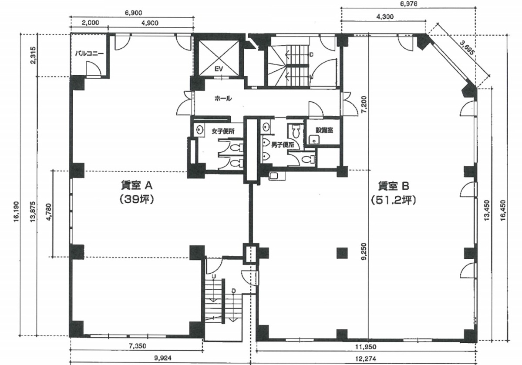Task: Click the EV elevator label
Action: [219, 69]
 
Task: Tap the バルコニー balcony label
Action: [89, 53]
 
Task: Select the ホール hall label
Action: [223, 98]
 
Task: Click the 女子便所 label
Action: [223, 131]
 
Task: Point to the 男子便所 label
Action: [283, 145]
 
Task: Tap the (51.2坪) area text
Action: [394, 200]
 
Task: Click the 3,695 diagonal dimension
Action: [467, 48]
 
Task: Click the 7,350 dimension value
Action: [137, 346]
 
